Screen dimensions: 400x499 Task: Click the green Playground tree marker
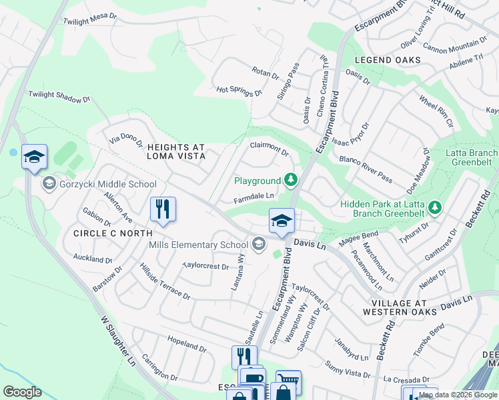290,180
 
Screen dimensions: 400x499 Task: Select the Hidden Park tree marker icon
435,208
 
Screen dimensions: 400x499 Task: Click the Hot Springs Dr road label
239,91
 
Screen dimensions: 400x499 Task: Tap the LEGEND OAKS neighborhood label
388,60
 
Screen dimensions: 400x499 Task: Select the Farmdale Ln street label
254,197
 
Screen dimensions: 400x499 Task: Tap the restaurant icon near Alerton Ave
163,209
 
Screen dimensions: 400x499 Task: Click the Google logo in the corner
23,392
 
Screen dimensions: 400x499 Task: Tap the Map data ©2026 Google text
458,395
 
